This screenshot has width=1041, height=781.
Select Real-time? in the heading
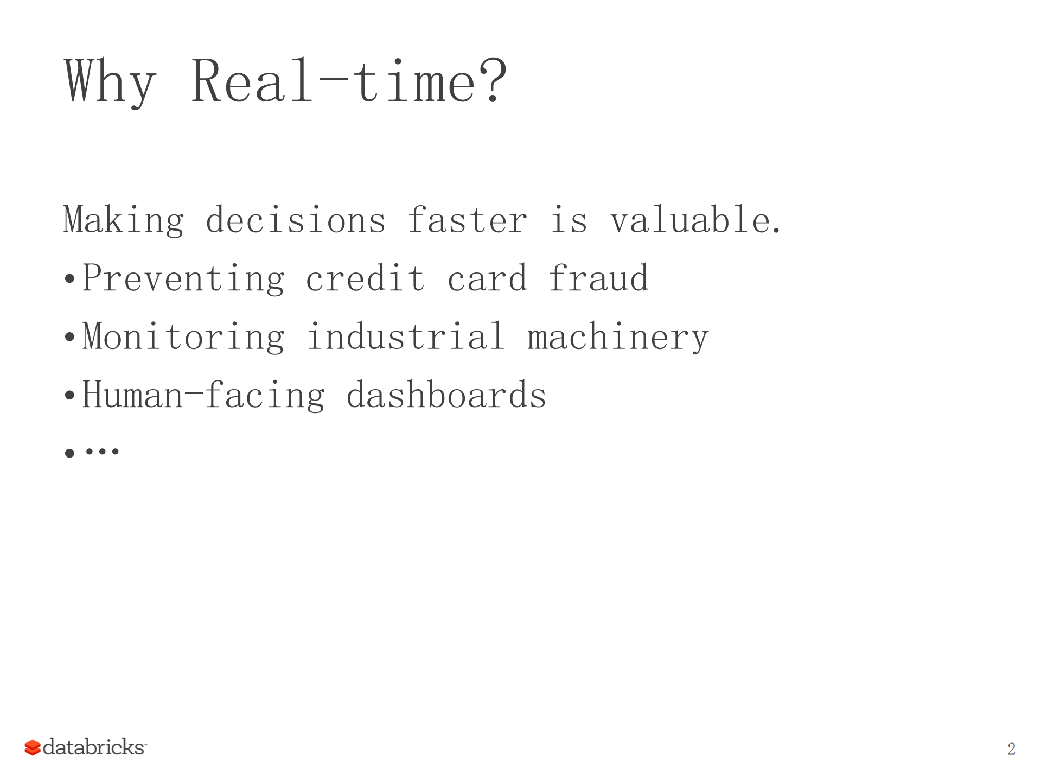349,81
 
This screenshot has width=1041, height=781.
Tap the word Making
124,220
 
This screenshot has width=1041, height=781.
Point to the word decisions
296,220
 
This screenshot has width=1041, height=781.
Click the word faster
467,220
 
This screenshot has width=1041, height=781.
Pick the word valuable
695,220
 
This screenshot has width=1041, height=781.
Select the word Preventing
183,279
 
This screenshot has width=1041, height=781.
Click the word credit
365,279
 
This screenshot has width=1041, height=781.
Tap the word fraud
598,279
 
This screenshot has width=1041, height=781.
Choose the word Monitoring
183,337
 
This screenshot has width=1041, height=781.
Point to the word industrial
406,337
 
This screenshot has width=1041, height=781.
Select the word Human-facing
203,395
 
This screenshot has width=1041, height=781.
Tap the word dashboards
446,395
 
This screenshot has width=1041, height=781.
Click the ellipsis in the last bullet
102,452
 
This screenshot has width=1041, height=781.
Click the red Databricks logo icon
33,747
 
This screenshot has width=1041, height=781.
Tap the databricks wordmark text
94,747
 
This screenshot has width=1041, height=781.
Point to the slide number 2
1011,749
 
